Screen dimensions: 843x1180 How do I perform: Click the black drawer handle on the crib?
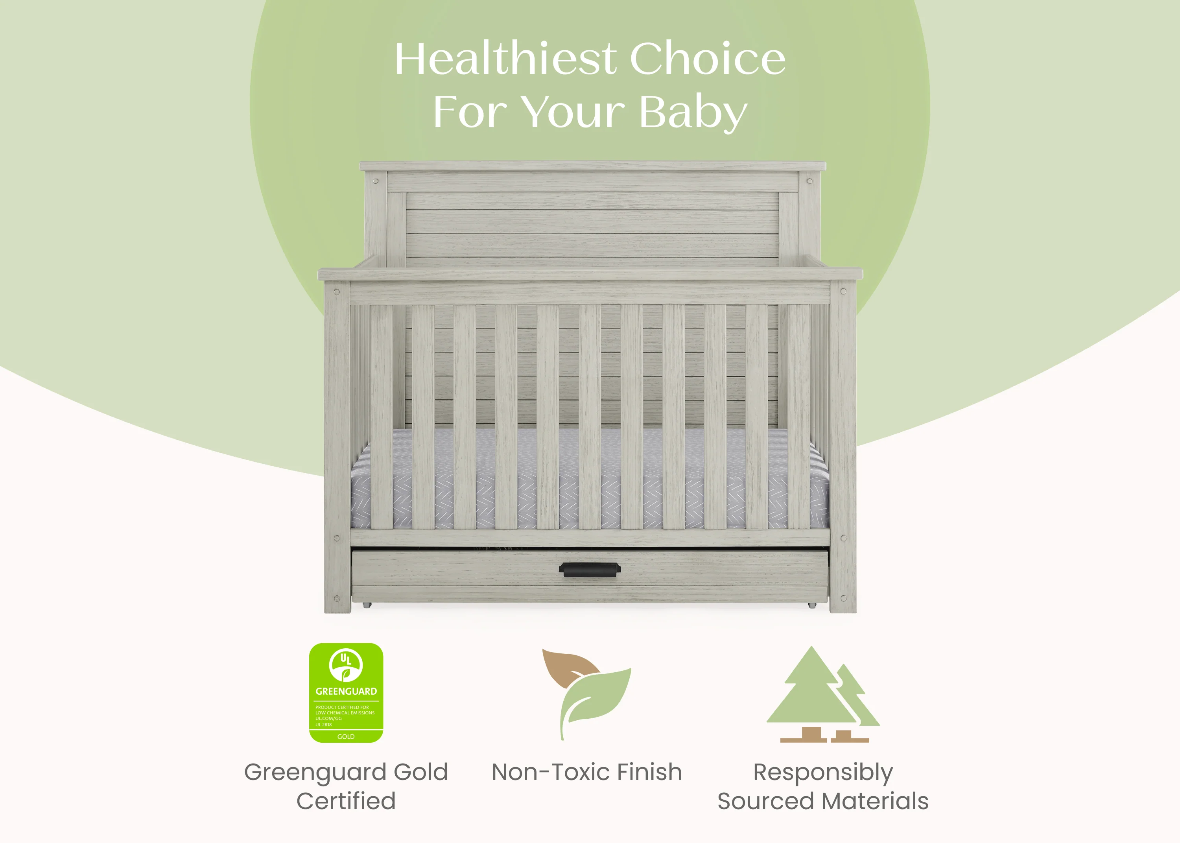[590, 570]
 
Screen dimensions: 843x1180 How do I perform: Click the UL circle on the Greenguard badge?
[346, 665]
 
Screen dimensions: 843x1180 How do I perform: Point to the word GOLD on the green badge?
[346, 736]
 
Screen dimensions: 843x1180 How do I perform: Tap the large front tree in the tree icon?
[811, 690]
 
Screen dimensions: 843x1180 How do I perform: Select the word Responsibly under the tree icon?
[823, 773]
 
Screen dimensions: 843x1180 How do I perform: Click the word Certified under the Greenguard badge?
[346, 801]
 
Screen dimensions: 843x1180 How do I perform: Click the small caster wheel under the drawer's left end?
[367, 605]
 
